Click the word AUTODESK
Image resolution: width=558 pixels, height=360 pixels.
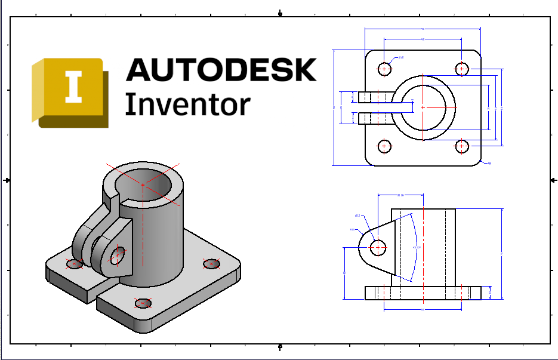(221, 70)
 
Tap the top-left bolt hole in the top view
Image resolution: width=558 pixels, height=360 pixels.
(384, 69)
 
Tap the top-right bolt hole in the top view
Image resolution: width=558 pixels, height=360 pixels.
(462, 69)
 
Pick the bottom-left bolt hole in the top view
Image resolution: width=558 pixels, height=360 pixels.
(384, 146)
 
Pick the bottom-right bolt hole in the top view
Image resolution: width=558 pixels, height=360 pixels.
(462, 146)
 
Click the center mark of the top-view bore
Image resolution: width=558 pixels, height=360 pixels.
(423, 107)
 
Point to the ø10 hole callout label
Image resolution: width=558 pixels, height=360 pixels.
(400, 58)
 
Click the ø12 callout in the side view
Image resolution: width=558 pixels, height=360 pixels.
(358, 216)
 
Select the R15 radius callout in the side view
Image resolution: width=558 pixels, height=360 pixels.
(353, 229)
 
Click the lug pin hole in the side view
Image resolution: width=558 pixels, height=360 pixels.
(377, 246)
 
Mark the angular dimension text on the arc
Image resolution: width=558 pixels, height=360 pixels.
(417, 247)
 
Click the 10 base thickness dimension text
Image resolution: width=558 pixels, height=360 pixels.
(491, 293)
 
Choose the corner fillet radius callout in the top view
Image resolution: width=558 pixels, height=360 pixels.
(489, 163)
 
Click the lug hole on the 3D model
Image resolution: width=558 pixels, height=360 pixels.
(116, 255)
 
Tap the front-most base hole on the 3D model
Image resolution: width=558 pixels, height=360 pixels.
(143, 303)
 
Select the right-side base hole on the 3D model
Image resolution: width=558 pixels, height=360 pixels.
(211, 263)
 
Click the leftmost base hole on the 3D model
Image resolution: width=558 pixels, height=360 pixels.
(74, 263)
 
